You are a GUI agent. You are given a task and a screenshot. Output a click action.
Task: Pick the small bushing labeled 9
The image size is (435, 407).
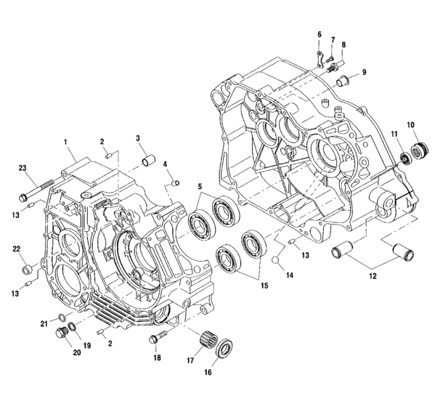pos(318,35)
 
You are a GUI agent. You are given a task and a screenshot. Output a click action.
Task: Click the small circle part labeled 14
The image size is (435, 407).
pos(277,259)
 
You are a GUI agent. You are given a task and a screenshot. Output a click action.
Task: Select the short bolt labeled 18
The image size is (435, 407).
pos(158,338)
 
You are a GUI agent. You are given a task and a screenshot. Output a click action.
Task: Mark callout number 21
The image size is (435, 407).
pos(44,323)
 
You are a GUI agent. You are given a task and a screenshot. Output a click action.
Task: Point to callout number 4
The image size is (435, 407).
pos(166,164)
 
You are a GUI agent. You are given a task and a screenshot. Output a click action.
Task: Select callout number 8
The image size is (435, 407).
pos(343,45)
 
